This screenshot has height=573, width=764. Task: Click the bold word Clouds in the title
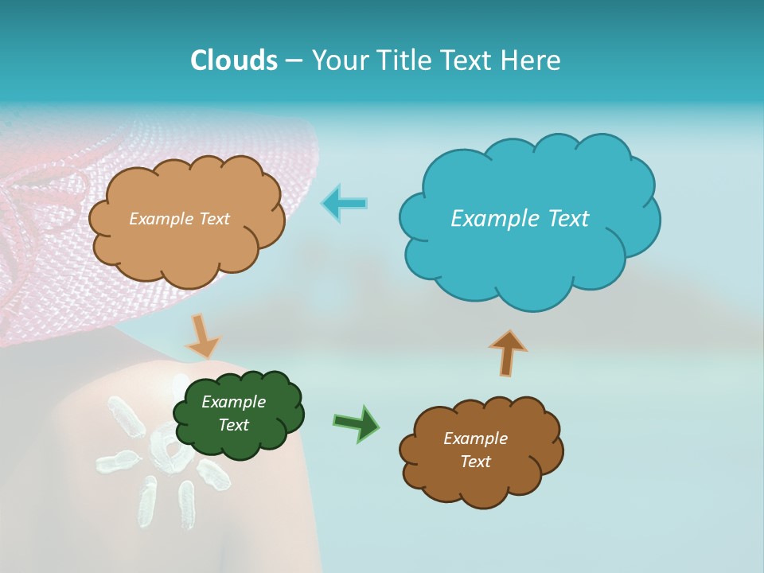(x=234, y=60)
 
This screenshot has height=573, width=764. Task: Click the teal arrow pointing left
(x=345, y=204)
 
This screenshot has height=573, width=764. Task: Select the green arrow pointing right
(x=357, y=423)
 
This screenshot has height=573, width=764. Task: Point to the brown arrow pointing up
(x=508, y=353)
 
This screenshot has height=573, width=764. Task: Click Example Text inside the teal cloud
(x=520, y=218)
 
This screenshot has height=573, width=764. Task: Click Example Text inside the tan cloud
(x=179, y=218)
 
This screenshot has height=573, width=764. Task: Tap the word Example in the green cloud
(x=233, y=402)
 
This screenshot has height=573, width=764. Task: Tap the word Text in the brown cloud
(x=475, y=462)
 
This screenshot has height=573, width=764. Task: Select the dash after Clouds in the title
(x=294, y=60)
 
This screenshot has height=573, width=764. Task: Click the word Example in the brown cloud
(x=475, y=439)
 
